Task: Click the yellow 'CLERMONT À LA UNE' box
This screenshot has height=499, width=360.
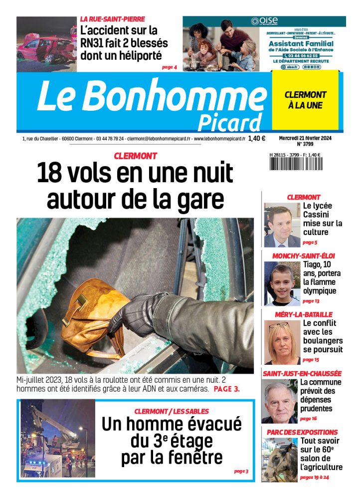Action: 305,100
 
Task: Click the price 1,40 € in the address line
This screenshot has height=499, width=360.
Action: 256,139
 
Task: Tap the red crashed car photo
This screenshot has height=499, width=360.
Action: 46,44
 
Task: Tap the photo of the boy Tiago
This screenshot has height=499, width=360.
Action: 282,283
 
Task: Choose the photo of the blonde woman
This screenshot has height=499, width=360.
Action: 282,342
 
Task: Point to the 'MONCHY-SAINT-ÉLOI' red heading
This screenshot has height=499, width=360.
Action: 303,256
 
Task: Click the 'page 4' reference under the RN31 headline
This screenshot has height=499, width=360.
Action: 169,66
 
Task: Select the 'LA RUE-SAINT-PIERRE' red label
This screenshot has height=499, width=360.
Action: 113,19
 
